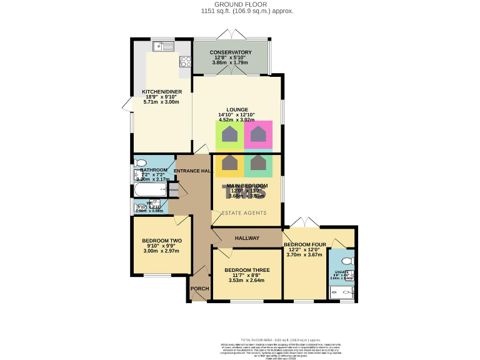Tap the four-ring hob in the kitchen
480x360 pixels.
185,61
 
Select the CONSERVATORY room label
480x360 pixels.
231,52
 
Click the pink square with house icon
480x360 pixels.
258,134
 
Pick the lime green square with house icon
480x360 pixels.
230,134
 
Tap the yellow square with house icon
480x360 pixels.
230,164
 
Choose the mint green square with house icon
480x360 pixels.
258,164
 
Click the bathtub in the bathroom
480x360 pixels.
149,189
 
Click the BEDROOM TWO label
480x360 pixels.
162,241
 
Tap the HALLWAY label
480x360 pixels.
247,238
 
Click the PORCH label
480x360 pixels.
199,288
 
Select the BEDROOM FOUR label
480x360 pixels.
304,244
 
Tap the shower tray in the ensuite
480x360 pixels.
342,292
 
